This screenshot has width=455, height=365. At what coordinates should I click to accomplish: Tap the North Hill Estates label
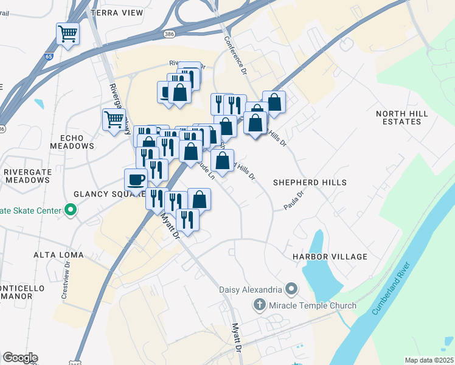tap(407, 117)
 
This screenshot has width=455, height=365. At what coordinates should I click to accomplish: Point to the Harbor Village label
tap(330, 257)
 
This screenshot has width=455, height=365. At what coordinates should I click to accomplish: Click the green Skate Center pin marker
tap(71, 210)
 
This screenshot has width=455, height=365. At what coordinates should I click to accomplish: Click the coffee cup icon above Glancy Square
tap(136, 179)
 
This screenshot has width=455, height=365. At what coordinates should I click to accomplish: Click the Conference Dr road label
tap(235, 55)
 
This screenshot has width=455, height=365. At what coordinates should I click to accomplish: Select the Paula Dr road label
tap(294, 200)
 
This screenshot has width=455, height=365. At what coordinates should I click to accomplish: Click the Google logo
tap(20, 358)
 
